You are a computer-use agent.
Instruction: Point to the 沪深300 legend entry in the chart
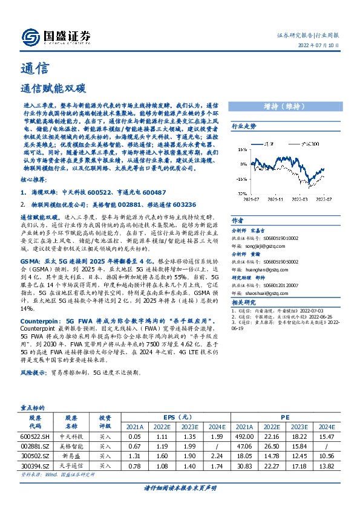pos(312,144)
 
